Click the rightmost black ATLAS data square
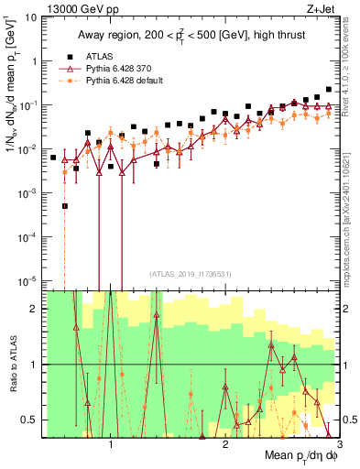(329, 90)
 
